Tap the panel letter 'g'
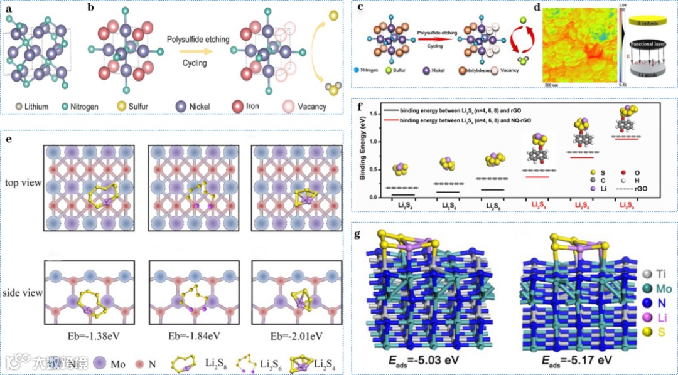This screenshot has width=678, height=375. pos(358,235)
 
